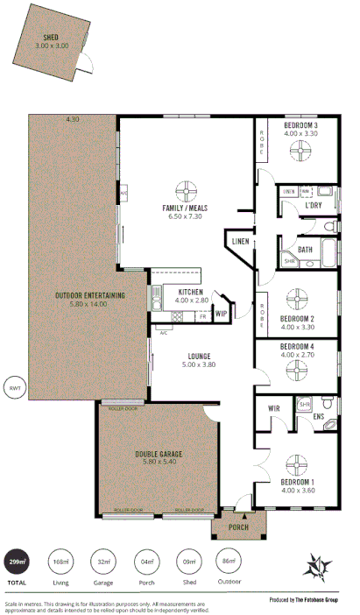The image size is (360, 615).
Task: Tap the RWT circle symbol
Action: point(13,387)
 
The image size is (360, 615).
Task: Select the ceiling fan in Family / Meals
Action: point(186,192)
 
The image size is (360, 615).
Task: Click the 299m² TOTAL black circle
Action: point(17,562)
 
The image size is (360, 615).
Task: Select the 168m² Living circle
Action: point(61,562)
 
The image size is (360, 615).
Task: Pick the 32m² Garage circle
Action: point(103,562)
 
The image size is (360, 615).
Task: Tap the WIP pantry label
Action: point(221,313)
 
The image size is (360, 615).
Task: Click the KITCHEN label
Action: point(191,292)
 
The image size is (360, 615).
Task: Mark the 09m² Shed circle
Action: point(188,562)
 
